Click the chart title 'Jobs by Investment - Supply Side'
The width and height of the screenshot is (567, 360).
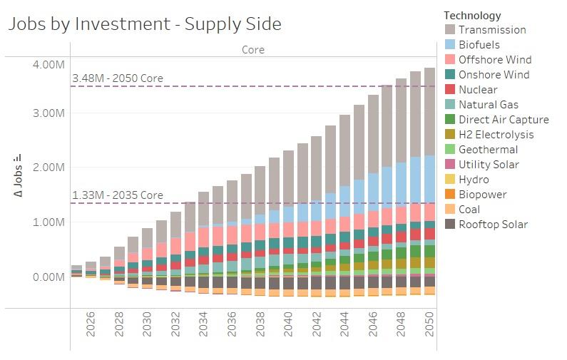click(x=144, y=24)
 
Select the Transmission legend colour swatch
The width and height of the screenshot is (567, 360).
click(x=450, y=30)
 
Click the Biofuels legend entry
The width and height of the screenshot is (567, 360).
click(x=479, y=45)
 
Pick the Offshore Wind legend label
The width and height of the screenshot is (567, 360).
click(x=494, y=60)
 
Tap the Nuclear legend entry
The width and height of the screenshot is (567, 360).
click(x=477, y=90)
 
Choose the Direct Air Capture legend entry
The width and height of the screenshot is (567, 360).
click(x=503, y=120)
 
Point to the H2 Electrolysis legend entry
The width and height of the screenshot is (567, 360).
click(x=496, y=135)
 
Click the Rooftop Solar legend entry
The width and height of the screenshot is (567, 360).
click(x=493, y=225)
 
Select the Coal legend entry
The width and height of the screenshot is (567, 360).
click(x=469, y=210)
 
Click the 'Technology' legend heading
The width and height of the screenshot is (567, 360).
click(x=472, y=15)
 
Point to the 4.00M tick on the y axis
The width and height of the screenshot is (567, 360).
click(x=48, y=65)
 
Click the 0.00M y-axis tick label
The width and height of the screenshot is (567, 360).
click(x=48, y=277)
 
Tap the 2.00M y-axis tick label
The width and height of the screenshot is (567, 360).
click(x=48, y=167)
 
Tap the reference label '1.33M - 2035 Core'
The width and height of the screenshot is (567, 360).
click(x=118, y=195)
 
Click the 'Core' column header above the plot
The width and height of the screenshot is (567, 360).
click(x=252, y=50)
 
